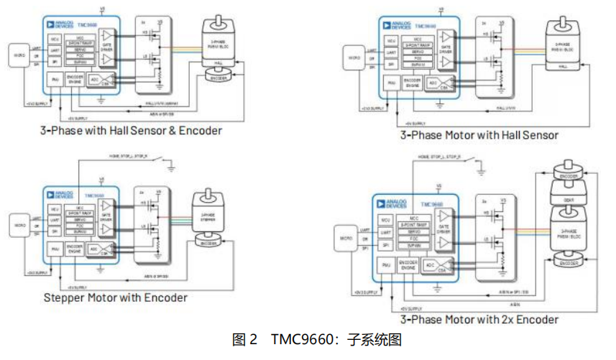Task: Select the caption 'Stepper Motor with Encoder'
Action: click(116, 297)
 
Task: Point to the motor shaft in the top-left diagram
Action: click(217, 16)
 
